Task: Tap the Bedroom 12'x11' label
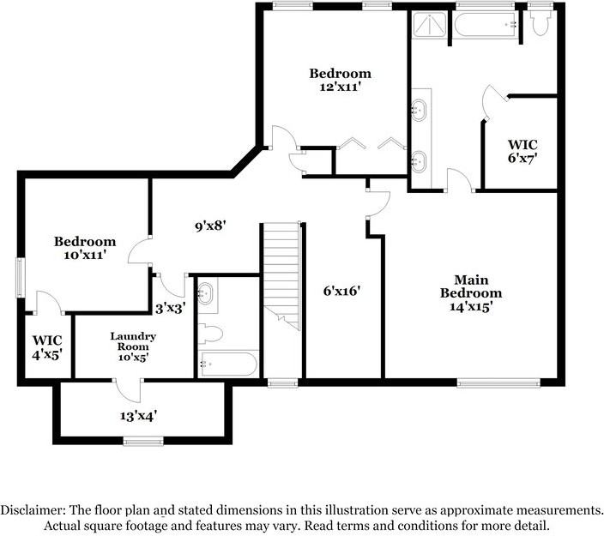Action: (341, 81)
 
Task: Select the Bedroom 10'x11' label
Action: (85, 249)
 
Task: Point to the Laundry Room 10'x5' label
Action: (132, 346)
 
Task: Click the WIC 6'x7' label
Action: (522, 152)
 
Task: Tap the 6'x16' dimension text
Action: (341, 291)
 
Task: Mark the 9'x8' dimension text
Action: (210, 226)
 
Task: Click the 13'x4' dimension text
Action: (138, 416)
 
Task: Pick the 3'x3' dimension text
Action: (171, 307)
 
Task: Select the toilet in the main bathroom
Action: (540, 24)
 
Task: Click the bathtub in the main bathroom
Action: (485, 25)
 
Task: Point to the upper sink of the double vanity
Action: (420, 110)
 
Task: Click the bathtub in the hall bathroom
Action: (227, 364)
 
